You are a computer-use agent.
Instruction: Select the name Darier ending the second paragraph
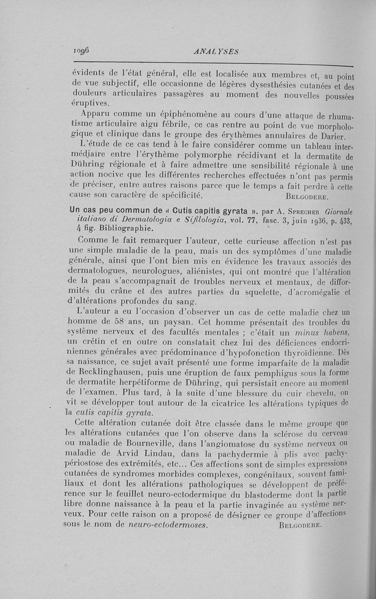point(330,137)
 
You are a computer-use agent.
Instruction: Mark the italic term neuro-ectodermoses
point(168,525)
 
